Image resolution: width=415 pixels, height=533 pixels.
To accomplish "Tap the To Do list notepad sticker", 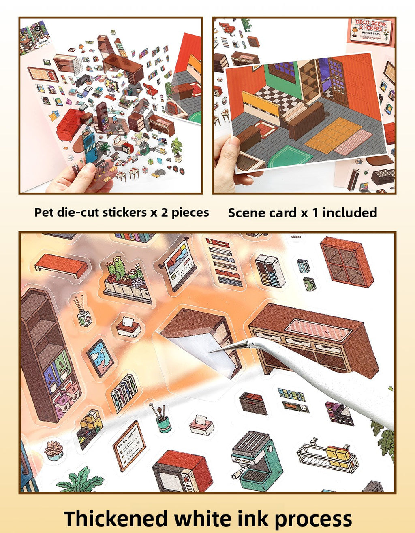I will pyautogui.click(x=129, y=446).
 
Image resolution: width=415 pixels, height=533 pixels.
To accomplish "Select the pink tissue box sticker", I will pyautogui.click(x=201, y=425).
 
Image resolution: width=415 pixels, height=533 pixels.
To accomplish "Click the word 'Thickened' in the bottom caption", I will pyautogui.click(x=116, y=519).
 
